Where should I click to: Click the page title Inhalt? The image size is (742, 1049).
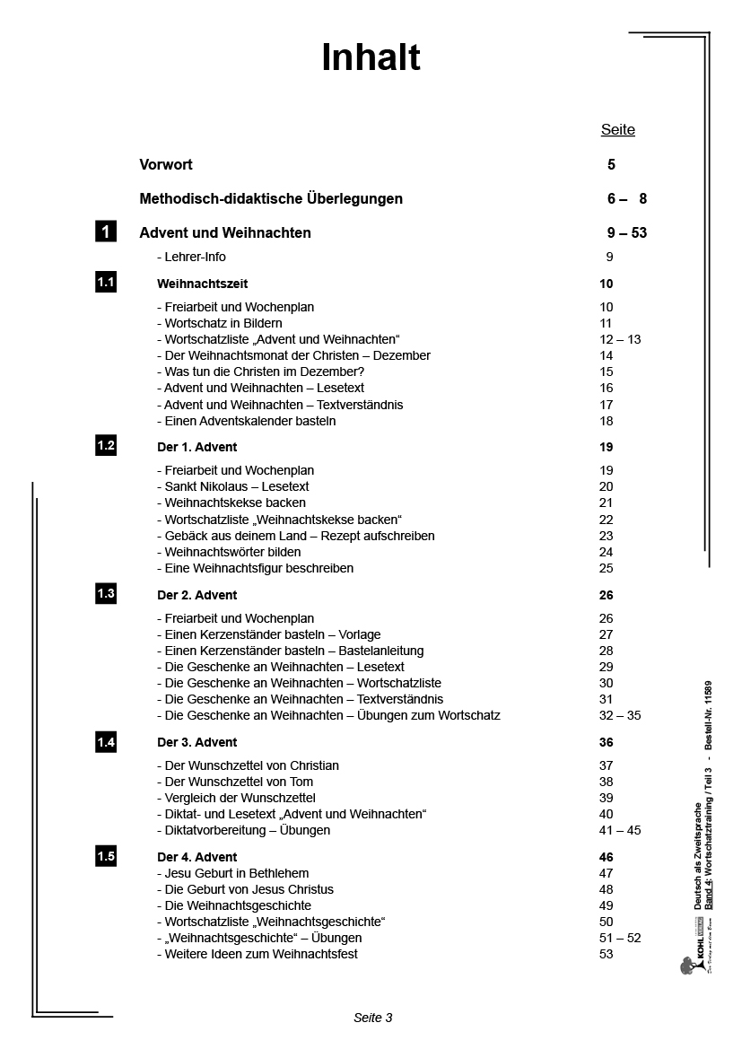(x=371, y=58)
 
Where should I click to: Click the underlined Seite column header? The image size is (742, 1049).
(x=617, y=130)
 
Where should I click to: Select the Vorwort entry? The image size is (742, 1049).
(x=166, y=165)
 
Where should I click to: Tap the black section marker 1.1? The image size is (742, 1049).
(x=106, y=284)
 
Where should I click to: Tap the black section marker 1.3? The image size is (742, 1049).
(x=106, y=594)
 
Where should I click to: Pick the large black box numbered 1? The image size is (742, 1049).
(x=106, y=232)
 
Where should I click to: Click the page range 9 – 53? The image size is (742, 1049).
(x=626, y=233)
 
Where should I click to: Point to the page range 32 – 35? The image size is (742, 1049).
(x=620, y=716)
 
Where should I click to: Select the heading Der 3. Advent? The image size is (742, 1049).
(x=197, y=743)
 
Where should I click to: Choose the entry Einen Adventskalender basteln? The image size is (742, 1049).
(x=246, y=421)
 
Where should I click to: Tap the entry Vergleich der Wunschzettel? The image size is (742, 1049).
(x=236, y=799)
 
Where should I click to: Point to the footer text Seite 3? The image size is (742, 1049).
(x=373, y=1018)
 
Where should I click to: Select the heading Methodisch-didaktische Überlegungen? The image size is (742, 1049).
(x=271, y=199)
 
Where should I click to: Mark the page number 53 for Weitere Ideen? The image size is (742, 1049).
(x=606, y=955)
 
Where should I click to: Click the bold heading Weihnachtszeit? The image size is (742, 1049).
(x=202, y=284)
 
